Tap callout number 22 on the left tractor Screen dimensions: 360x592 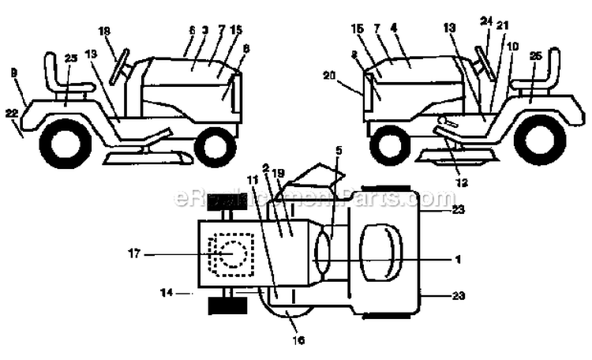point(11,114)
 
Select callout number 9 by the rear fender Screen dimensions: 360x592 point(14,73)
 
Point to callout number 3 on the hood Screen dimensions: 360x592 point(204,29)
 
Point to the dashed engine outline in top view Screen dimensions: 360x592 point(232,256)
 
